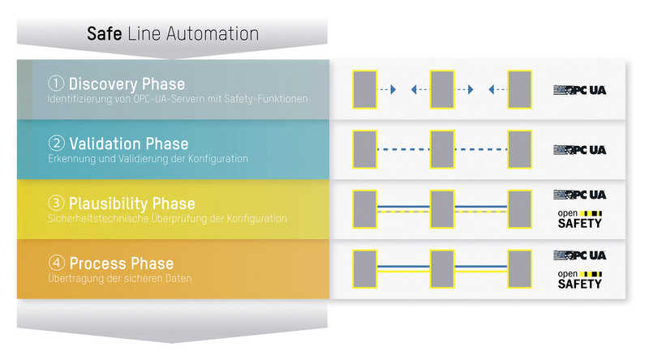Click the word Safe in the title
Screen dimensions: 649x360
click(104, 33)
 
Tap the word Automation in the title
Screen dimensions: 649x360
click(213, 33)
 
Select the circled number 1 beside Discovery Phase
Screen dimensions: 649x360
click(56, 84)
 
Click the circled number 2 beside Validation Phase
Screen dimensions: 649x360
click(56, 144)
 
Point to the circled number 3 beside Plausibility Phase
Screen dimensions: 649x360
click(56, 203)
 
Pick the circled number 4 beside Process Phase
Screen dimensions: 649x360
click(56, 263)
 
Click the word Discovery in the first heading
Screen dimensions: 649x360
click(103, 84)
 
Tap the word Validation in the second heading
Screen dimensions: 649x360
click(105, 144)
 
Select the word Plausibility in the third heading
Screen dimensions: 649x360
click(109, 204)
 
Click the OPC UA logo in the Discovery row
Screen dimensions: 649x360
click(579, 90)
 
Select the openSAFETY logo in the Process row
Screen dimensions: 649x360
click(579, 280)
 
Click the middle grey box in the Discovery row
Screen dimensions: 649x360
click(442, 89)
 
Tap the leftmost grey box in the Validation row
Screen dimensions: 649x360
click(364, 149)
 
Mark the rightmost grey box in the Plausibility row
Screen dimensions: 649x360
click(519, 209)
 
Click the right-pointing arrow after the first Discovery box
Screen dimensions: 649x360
click(388, 89)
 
